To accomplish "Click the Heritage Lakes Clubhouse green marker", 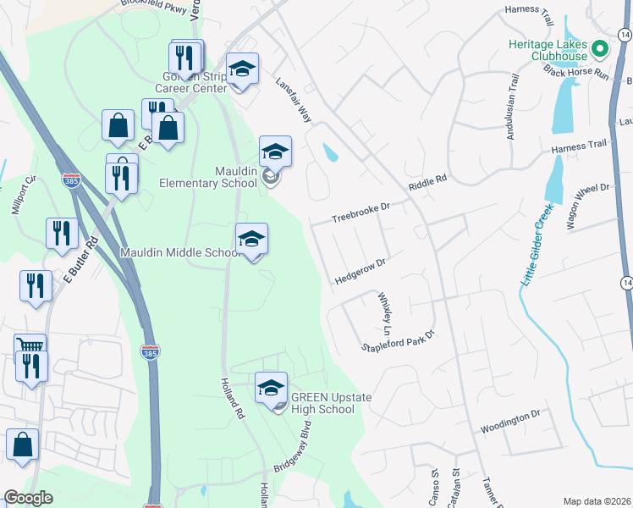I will click(x=601, y=48).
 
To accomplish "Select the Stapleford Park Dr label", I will click(x=398, y=340).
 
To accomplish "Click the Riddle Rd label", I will click(x=427, y=182).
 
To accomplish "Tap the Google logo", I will click(x=28, y=498).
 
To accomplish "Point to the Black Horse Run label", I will click(x=577, y=73).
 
